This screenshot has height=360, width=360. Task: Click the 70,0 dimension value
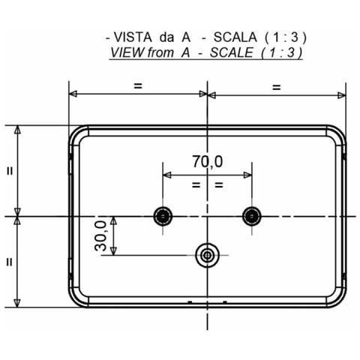tap(207, 161)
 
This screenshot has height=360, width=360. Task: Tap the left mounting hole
tap(162, 216)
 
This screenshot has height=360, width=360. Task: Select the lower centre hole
tap(207, 255)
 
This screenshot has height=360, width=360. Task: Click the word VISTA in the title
tap(132, 36)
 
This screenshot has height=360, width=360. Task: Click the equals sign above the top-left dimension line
tap(137, 86)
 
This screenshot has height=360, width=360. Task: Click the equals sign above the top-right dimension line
tap(276, 86)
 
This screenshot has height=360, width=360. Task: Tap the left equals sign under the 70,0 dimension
tap(195, 184)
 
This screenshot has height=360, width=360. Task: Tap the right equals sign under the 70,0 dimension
tap(219, 184)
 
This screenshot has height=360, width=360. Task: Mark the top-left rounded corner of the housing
tap(76, 133)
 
